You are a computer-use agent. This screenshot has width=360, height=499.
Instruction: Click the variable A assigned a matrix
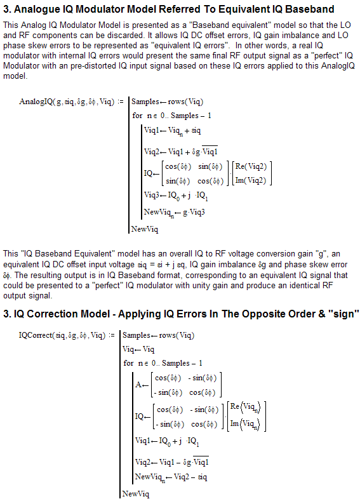tap(138, 384)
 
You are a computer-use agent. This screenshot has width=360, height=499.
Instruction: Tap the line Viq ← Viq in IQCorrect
tap(138, 349)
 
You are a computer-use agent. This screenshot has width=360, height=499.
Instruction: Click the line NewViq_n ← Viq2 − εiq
tap(171, 476)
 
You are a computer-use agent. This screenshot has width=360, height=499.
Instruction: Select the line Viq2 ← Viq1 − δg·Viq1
tap(172, 461)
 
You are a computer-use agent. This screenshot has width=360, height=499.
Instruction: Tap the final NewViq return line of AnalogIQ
tap(145, 229)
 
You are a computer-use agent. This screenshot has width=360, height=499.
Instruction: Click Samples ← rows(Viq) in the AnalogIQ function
tap(167, 102)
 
